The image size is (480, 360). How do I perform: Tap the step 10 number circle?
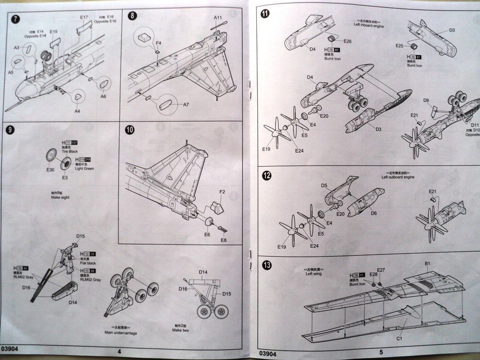click(130, 130)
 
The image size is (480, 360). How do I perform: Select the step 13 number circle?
click(267, 266)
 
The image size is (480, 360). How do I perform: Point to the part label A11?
click(218, 18)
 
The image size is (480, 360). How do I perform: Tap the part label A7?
click(186, 104)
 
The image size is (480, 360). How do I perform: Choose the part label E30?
click(51, 170)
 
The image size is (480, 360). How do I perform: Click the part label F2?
click(222, 192)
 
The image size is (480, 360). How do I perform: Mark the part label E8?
click(224, 240)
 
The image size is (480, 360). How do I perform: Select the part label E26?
click(347, 41)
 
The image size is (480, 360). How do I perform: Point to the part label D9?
click(426, 100)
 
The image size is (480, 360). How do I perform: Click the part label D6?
click(374, 213)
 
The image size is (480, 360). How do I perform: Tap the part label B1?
click(427, 263)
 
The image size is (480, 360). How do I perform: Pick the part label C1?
click(400, 338)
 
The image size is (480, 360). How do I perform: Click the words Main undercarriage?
click(118, 332)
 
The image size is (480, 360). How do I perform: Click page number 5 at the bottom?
click(381, 352)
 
